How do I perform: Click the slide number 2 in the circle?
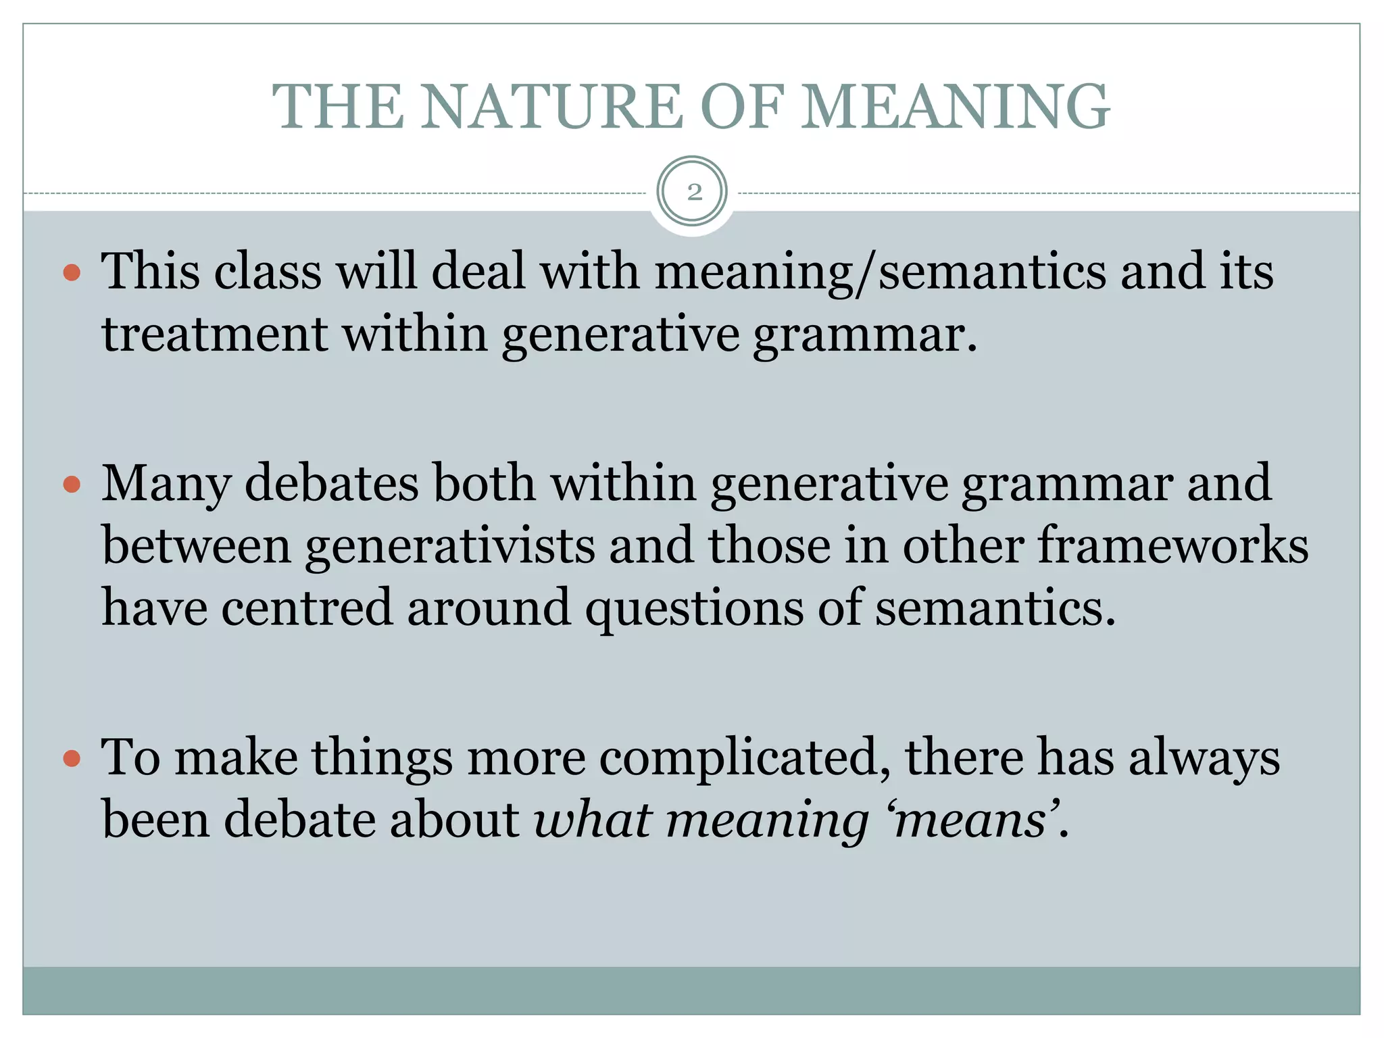(693, 193)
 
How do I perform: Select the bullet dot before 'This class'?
(72, 273)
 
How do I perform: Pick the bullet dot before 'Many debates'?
(72, 485)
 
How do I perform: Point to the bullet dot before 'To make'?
(72, 758)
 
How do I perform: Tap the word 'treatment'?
(214, 335)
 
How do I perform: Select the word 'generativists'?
(449, 545)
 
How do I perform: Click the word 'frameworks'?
(1172, 545)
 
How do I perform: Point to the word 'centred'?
(307, 608)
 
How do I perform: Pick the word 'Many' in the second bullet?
(166, 485)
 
